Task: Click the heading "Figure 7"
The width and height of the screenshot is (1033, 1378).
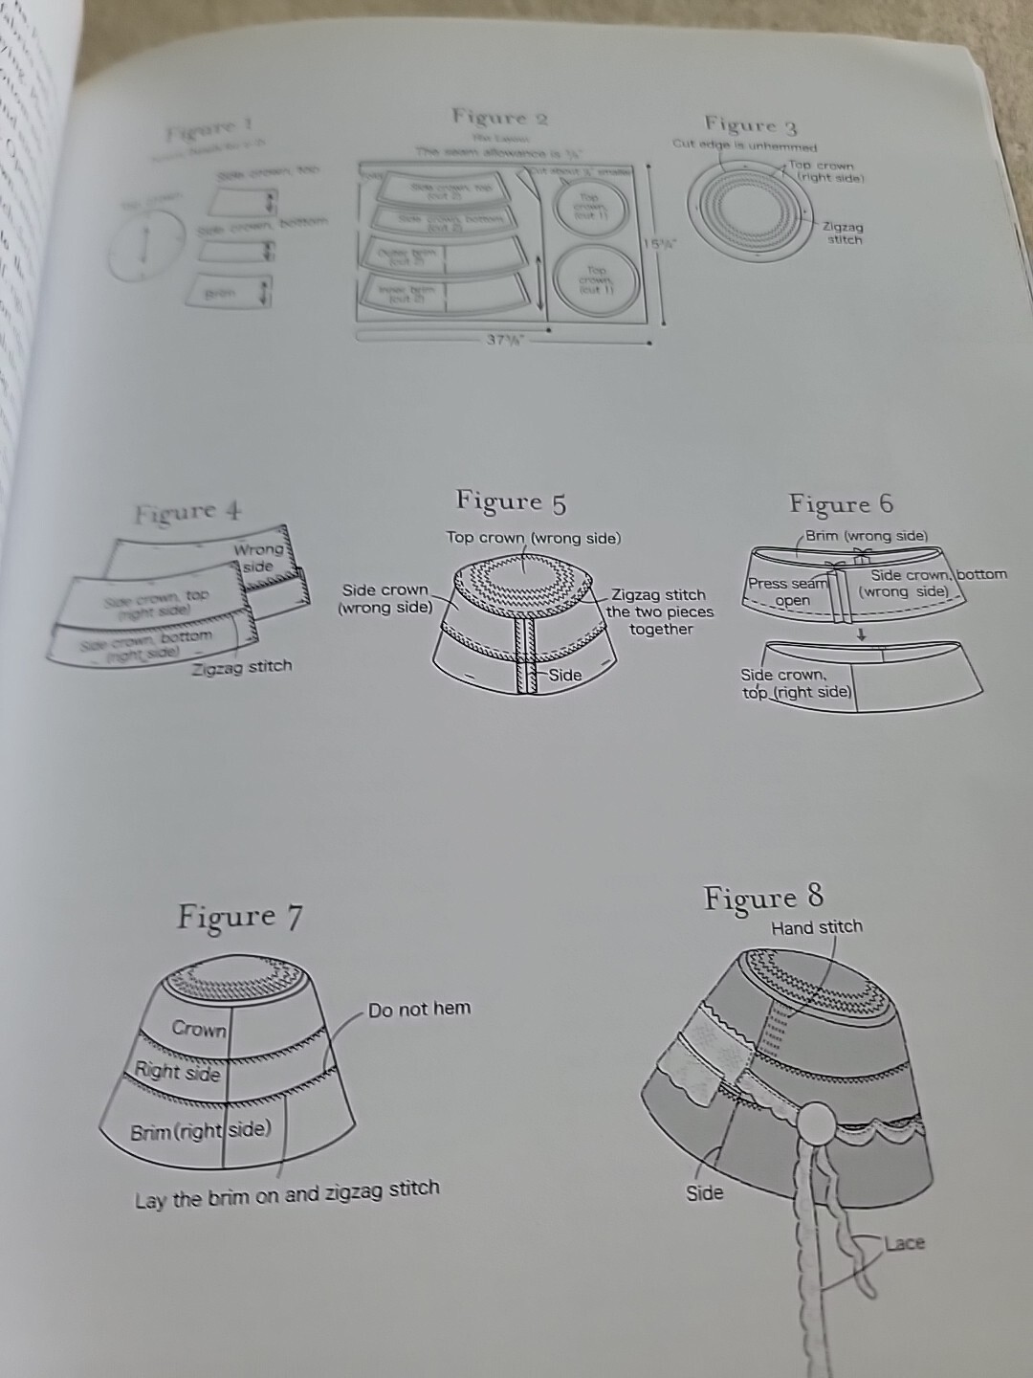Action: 239,917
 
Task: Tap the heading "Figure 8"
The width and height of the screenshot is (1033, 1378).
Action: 762,898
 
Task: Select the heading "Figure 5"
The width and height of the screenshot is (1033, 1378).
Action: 511,501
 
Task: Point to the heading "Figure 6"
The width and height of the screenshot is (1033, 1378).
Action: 841,503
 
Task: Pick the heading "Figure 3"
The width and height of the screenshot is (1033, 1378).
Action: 750,124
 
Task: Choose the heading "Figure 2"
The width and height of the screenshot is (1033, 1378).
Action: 499,118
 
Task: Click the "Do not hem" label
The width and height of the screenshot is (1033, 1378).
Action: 419,1009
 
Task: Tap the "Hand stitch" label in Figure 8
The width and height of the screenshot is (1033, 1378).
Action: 817,926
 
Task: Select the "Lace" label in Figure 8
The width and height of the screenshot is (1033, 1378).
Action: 904,1243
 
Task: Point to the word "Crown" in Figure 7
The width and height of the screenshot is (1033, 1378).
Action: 199,1029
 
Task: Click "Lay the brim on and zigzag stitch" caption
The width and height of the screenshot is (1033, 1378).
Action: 287,1193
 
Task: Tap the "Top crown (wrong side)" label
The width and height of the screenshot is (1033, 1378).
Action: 533,538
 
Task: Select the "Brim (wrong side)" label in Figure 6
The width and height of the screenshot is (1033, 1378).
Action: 866,536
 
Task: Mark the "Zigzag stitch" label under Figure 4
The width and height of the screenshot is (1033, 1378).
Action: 241,667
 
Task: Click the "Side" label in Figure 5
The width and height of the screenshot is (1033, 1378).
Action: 564,675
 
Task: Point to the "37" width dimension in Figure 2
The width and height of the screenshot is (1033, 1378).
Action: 502,340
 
